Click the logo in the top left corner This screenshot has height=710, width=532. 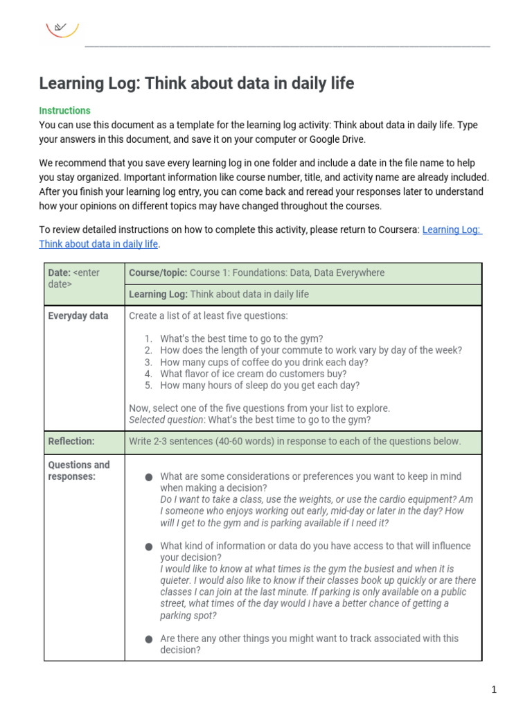click(x=62, y=28)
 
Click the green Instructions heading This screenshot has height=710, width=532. click(x=64, y=110)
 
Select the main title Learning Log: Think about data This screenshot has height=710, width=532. click(x=196, y=84)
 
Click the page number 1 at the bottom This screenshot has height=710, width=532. click(x=494, y=689)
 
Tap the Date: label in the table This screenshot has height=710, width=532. click(x=60, y=272)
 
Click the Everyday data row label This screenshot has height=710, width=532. click(x=78, y=315)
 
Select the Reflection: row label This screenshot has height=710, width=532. click(x=71, y=441)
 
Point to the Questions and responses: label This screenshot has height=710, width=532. click(x=78, y=470)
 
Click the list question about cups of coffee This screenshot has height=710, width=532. click(x=264, y=362)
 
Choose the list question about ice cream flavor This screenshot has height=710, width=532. click(x=253, y=374)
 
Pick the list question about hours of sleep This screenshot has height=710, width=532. click(x=260, y=386)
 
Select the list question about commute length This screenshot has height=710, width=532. click(x=310, y=350)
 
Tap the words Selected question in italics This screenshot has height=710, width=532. click(x=166, y=419)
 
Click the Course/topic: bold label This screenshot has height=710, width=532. click(x=158, y=272)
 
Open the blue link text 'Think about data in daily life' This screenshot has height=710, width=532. click(x=98, y=243)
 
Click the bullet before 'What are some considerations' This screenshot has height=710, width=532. click(x=149, y=477)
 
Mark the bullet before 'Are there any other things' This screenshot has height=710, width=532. click(x=149, y=639)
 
